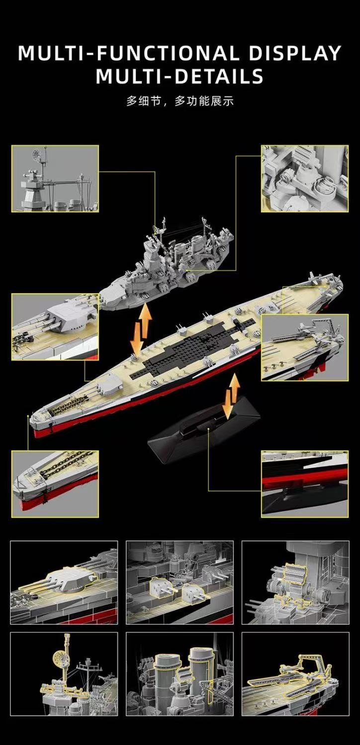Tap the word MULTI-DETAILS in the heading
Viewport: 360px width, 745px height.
coord(180,76)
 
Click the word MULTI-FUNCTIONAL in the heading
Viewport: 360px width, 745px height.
coord(129,53)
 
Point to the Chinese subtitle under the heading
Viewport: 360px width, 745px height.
coord(180,101)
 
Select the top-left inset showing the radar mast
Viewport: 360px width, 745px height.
coord(55,178)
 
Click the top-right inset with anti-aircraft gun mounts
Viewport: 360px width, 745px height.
coord(305,178)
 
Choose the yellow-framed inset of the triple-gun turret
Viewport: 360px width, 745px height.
coord(55,327)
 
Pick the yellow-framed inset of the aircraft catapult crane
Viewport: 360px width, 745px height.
coord(305,347)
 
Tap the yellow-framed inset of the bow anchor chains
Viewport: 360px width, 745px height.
coord(55,484)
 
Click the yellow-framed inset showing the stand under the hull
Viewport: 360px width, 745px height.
coord(305,484)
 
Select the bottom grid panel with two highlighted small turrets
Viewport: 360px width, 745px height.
coord(180,582)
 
